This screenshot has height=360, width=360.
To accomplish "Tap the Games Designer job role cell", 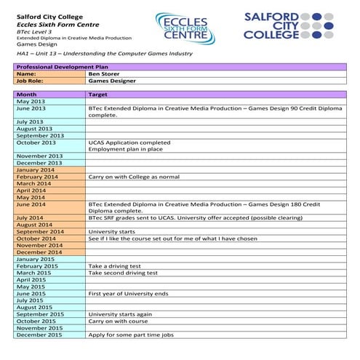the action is click(112, 81).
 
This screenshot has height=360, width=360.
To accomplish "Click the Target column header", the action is click(98, 95).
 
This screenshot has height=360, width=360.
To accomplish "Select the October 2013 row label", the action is click(36, 143).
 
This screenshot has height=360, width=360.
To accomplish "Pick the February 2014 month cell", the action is click(37, 177).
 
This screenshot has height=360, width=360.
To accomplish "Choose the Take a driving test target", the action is click(118, 266).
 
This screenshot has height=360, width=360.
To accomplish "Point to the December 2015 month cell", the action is click(39, 335).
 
